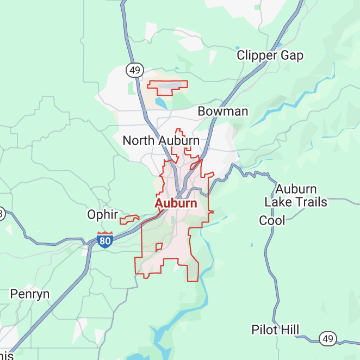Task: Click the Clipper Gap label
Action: point(270,55)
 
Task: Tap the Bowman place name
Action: point(222,111)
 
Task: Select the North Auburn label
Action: point(160,140)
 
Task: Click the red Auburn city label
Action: point(176,203)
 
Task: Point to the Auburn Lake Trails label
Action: point(296,196)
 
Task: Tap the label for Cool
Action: point(272,220)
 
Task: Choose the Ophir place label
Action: point(103,215)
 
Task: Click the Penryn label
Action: point(30,294)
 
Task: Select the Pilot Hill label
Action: point(275,330)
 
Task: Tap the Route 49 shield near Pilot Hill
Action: point(327,339)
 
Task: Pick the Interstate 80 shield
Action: point(105,240)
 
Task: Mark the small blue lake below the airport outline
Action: point(161,102)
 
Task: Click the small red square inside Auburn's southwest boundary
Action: point(159,247)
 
